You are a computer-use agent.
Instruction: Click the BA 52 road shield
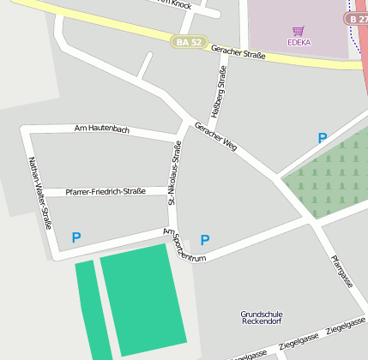point(189,41)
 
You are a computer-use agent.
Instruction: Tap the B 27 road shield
point(357,18)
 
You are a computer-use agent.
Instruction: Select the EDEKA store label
point(299,41)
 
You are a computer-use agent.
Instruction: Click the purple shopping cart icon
point(299,30)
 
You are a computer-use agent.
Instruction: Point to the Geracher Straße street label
point(238,53)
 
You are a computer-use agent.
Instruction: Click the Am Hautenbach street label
point(102,129)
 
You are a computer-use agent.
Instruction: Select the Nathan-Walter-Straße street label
point(39,195)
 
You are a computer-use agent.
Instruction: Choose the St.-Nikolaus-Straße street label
point(175,174)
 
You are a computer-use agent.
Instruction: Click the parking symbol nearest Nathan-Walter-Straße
point(76,237)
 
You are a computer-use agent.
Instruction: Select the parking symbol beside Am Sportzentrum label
point(204,240)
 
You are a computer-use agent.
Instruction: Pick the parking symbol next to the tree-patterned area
point(323,137)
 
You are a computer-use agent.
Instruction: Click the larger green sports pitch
point(143,298)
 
